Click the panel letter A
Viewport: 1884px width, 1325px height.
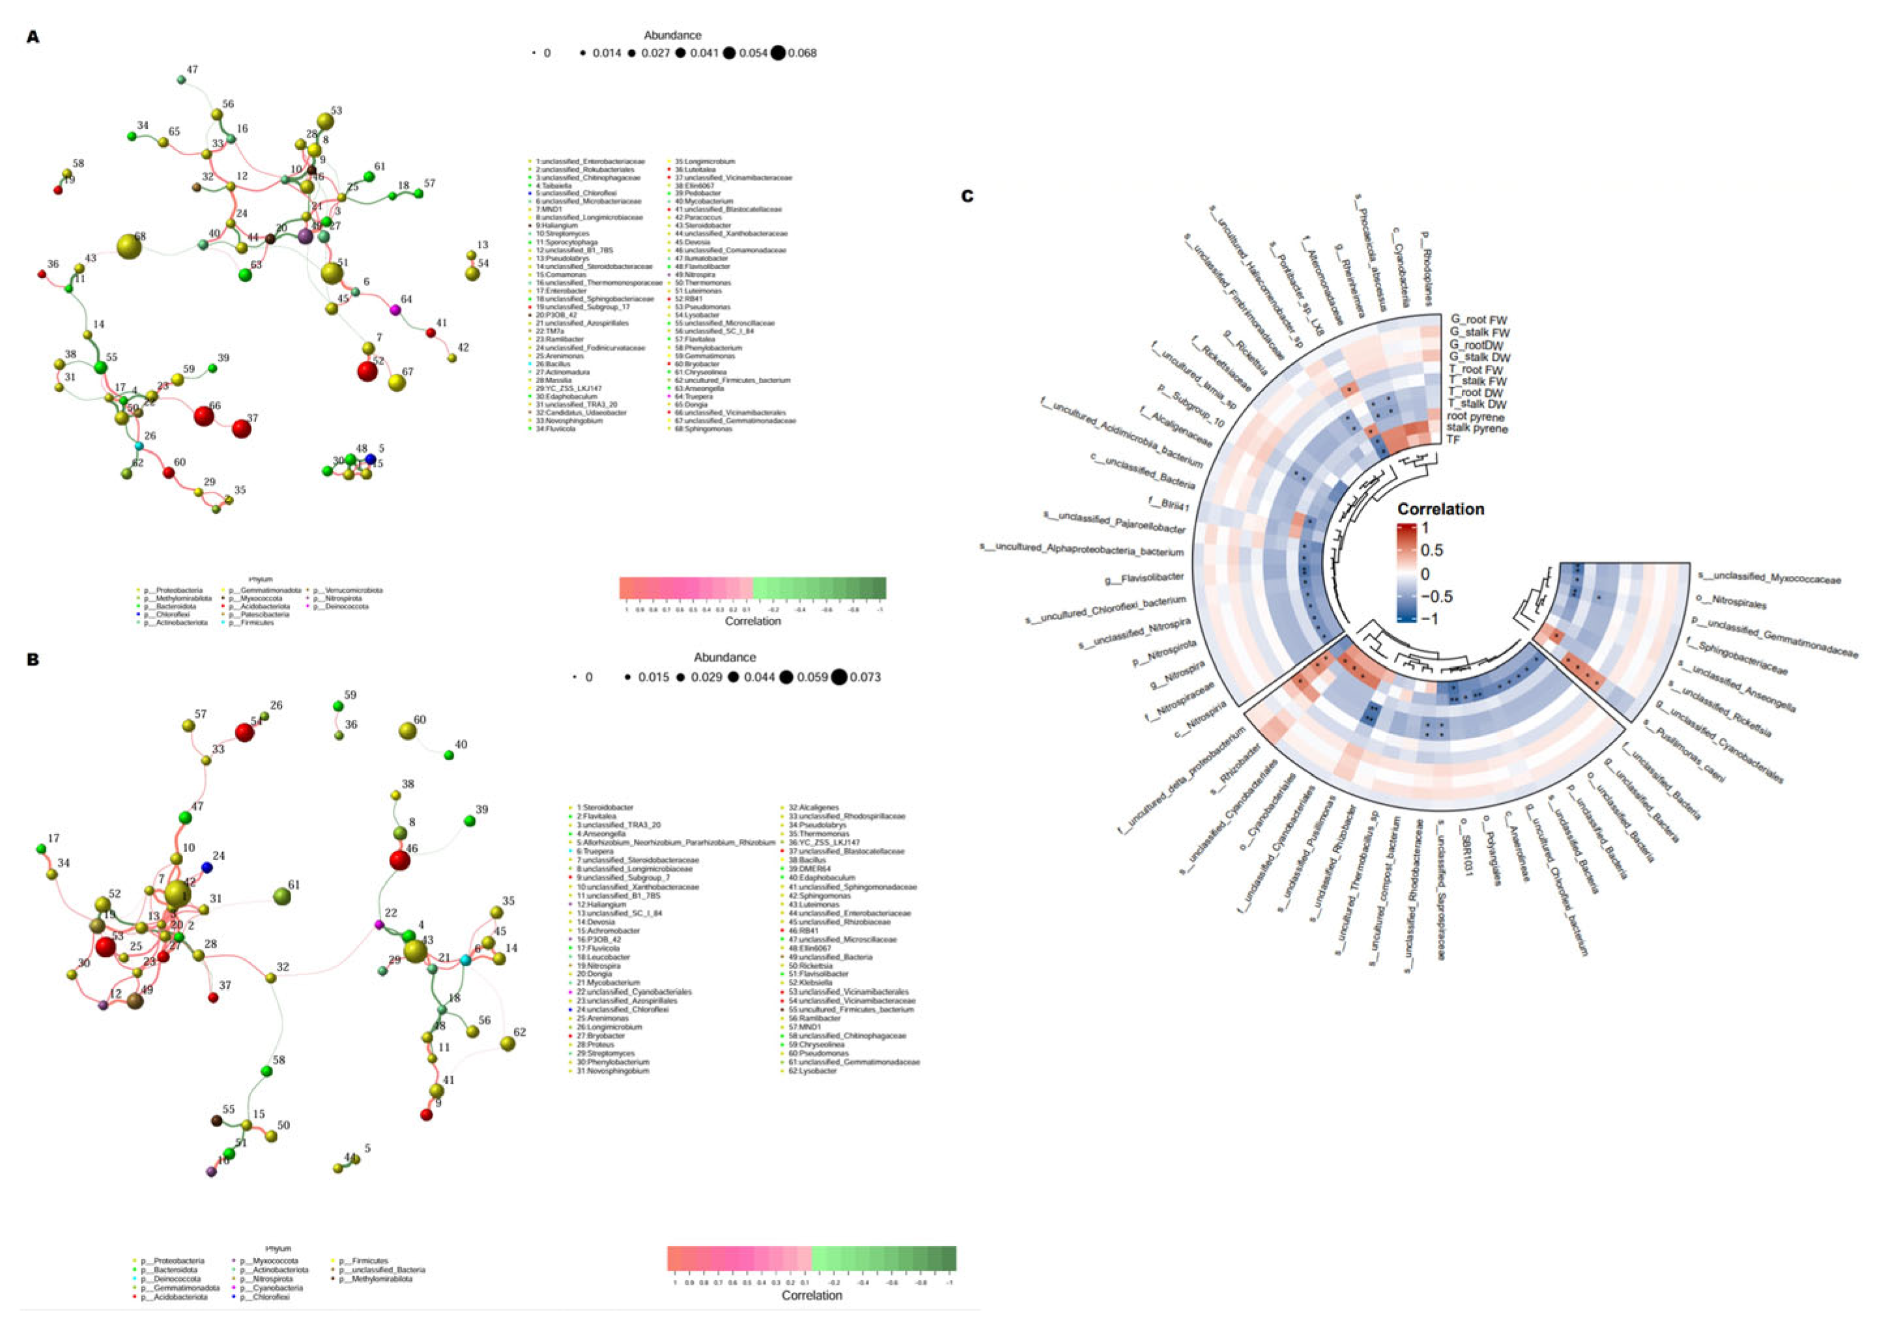(33, 37)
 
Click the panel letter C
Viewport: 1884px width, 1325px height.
(967, 196)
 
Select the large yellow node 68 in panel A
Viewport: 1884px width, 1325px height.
(129, 247)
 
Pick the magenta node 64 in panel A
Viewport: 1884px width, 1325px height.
(395, 309)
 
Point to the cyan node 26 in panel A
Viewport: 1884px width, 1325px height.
(139, 446)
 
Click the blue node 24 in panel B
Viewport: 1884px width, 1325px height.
(207, 867)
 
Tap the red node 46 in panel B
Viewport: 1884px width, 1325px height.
(399, 860)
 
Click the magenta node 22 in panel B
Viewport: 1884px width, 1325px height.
(379, 924)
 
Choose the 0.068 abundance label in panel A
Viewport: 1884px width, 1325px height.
(802, 53)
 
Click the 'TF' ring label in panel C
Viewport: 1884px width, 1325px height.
(1453, 440)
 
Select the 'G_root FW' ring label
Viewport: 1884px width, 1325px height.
(1479, 320)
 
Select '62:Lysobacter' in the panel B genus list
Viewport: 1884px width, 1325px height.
(812, 1071)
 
